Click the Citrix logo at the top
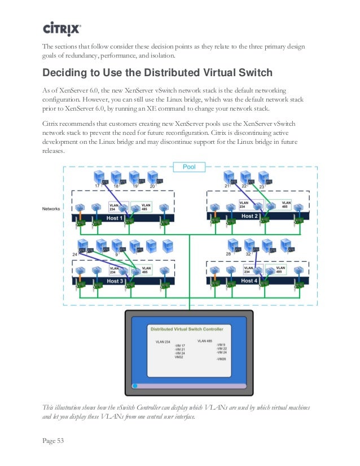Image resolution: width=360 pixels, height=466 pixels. point(62,28)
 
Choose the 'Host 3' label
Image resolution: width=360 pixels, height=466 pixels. point(115,281)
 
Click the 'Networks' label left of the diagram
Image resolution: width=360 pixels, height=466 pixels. point(52,209)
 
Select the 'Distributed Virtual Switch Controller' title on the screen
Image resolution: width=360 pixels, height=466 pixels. point(186,329)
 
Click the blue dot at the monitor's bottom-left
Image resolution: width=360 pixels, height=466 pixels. point(135,386)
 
